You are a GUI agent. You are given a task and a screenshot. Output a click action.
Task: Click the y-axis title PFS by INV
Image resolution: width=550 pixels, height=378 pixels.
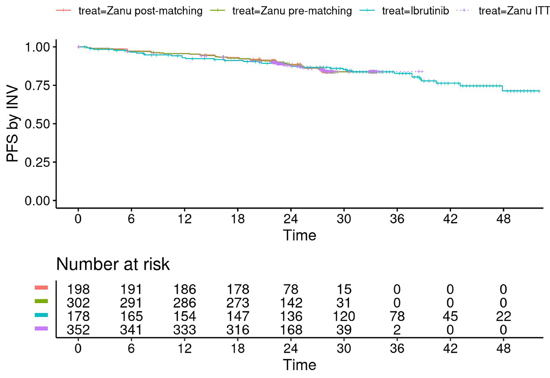click(13, 124)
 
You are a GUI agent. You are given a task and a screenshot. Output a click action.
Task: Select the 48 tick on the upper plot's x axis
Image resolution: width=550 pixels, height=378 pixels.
click(503, 219)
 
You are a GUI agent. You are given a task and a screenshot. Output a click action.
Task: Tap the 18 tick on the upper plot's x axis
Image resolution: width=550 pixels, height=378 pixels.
click(238, 219)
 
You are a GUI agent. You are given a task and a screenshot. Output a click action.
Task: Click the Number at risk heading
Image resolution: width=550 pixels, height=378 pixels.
click(113, 264)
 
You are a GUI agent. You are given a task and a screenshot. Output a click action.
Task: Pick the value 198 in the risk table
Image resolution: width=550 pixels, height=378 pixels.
click(78, 289)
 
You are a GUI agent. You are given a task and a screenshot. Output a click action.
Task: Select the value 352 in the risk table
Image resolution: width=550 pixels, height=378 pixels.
click(78, 329)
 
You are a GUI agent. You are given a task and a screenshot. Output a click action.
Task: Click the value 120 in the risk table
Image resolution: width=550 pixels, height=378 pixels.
click(344, 316)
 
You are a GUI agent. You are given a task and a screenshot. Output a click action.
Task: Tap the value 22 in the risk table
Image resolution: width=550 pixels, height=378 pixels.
click(503, 316)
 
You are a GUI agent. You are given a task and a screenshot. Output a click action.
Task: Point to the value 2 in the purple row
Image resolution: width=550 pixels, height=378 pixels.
click(397, 329)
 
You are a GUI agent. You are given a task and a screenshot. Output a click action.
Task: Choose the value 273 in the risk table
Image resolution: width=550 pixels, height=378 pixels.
click(238, 303)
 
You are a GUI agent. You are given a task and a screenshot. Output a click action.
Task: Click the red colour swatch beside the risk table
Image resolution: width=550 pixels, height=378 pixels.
click(42, 288)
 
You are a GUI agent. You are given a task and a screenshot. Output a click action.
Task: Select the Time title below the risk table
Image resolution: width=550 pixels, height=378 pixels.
click(299, 365)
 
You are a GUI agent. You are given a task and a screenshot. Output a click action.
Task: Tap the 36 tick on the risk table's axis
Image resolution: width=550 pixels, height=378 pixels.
click(397, 348)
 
